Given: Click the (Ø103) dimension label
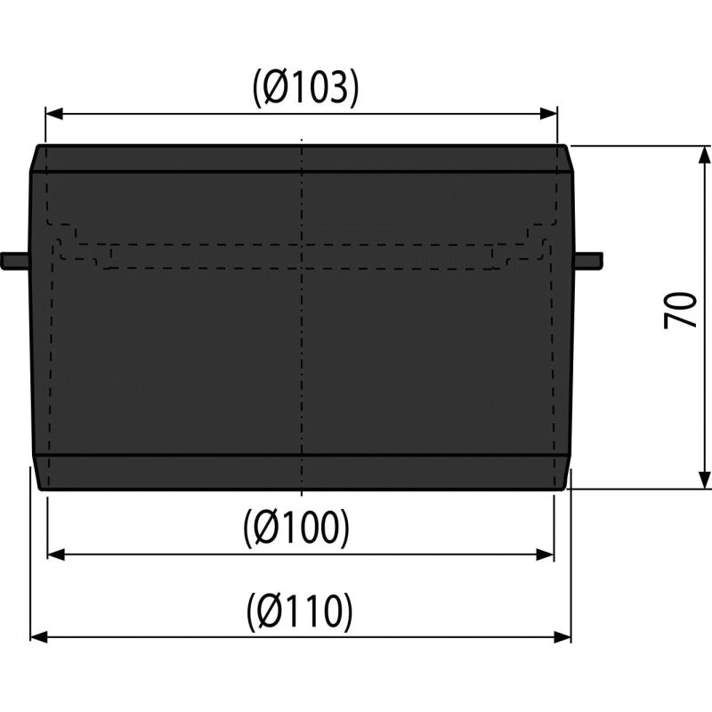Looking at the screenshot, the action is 305,88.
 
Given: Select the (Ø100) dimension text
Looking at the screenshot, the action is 297,529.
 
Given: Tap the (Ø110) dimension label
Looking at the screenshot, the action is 300,611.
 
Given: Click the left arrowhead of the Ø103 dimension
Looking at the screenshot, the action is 54,114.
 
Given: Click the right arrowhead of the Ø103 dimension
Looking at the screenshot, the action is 548,114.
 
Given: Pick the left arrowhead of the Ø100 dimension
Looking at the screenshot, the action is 56,554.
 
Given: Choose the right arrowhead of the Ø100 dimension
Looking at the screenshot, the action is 545,554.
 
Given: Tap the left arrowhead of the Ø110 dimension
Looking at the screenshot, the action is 39,637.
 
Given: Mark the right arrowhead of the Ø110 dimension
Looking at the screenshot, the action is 562,637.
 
